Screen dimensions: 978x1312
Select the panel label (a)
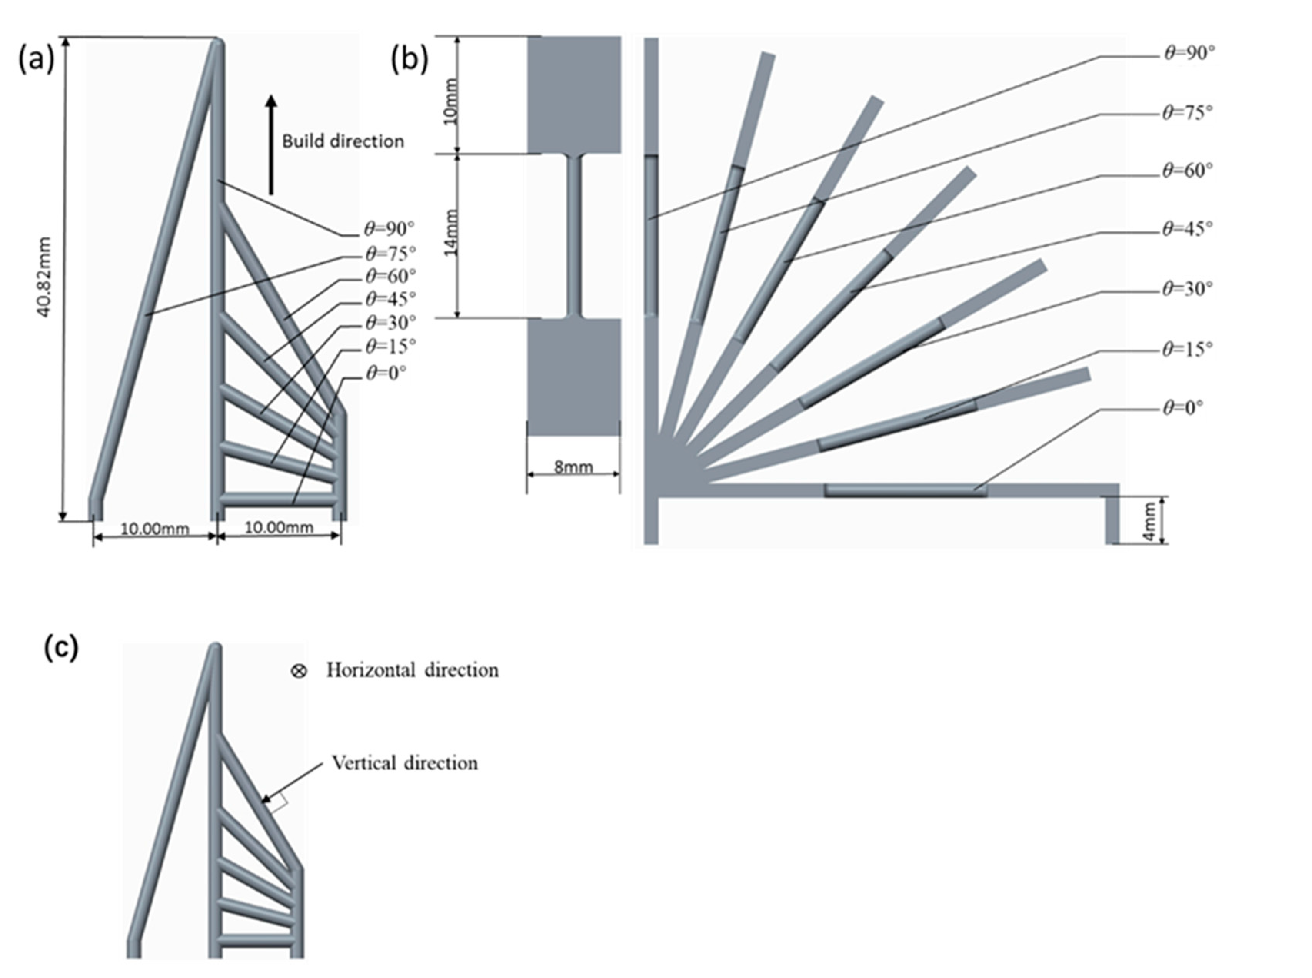pyautogui.click(x=35, y=60)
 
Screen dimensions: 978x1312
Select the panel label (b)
pyautogui.click(x=409, y=60)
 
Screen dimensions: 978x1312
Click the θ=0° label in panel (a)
pyautogui.click(x=386, y=373)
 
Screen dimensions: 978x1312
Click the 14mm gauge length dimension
pyautogui.click(x=451, y=232)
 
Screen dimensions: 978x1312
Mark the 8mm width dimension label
pyautogui.click(x=573, y=467)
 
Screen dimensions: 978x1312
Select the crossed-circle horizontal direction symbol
pyautogui.click(x=298, y=671)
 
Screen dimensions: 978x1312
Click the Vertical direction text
pyautogui.click(x=405, y=763)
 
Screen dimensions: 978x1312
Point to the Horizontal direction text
pyautogui.click(x=412, y=670)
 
